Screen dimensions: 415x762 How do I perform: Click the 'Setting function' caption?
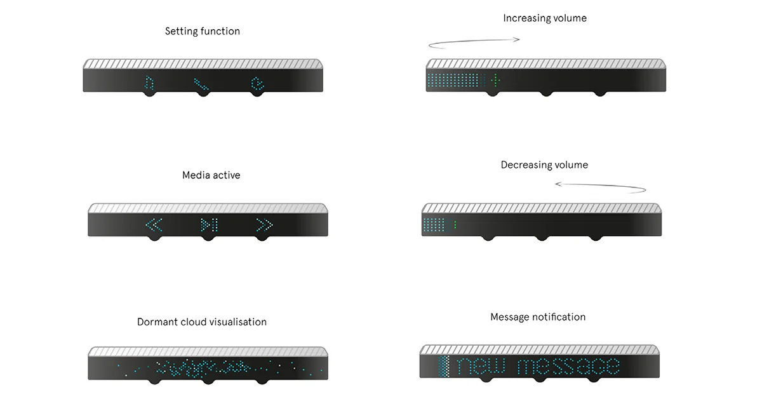point(203,31)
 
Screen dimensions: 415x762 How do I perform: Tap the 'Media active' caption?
point(211,175)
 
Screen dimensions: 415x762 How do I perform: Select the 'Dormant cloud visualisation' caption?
point(202,322)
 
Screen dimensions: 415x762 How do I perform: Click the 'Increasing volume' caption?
point(545,18)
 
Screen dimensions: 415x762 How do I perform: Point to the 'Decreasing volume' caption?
point(544,165)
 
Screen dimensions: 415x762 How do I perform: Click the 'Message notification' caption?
point(538,317)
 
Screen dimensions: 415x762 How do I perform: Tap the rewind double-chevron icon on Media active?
point(154,224)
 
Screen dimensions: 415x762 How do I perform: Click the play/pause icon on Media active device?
point(209,224)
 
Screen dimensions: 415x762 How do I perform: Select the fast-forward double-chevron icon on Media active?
point(264,224)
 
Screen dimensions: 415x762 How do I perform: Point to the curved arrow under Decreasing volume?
point(601,187)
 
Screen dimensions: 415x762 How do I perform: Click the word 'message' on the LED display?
point(568,367)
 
